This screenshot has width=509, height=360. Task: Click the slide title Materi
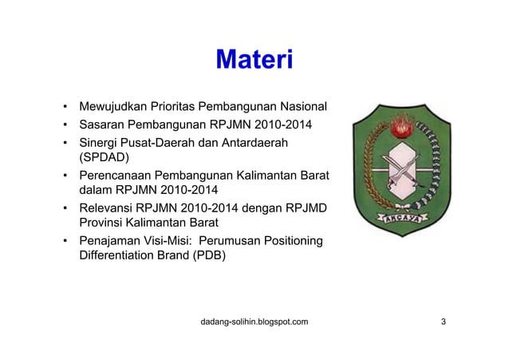254,61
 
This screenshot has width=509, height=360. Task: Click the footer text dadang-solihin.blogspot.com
254,322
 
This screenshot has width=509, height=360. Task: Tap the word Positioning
292,241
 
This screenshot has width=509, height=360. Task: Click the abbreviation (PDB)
206,256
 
